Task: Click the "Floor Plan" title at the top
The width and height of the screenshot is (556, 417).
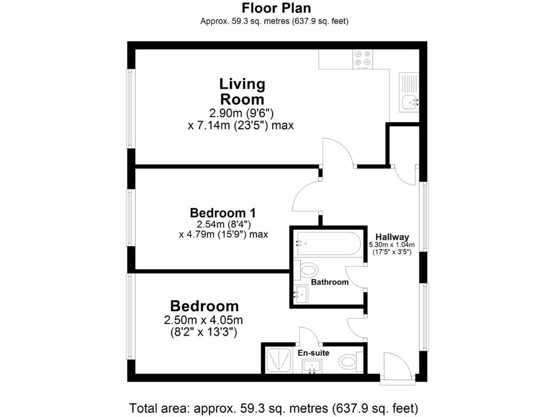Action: point(276,8)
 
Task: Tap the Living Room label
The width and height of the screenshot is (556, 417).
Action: point(242,91)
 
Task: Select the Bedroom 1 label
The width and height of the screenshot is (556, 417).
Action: point(223,212)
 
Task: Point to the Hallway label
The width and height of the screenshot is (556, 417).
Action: point(392,236)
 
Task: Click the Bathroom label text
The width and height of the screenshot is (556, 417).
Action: point(330,282)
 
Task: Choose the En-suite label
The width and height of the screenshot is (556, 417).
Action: point(313,353)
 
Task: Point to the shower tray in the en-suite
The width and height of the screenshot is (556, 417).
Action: point(280,361)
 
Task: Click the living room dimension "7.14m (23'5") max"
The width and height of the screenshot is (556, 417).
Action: point(241,125)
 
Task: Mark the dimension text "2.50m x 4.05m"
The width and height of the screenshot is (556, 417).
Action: point(203,320)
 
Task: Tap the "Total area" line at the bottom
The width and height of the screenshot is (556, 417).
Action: point(274,407)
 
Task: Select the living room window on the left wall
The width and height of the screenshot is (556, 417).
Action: point(130,108)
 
